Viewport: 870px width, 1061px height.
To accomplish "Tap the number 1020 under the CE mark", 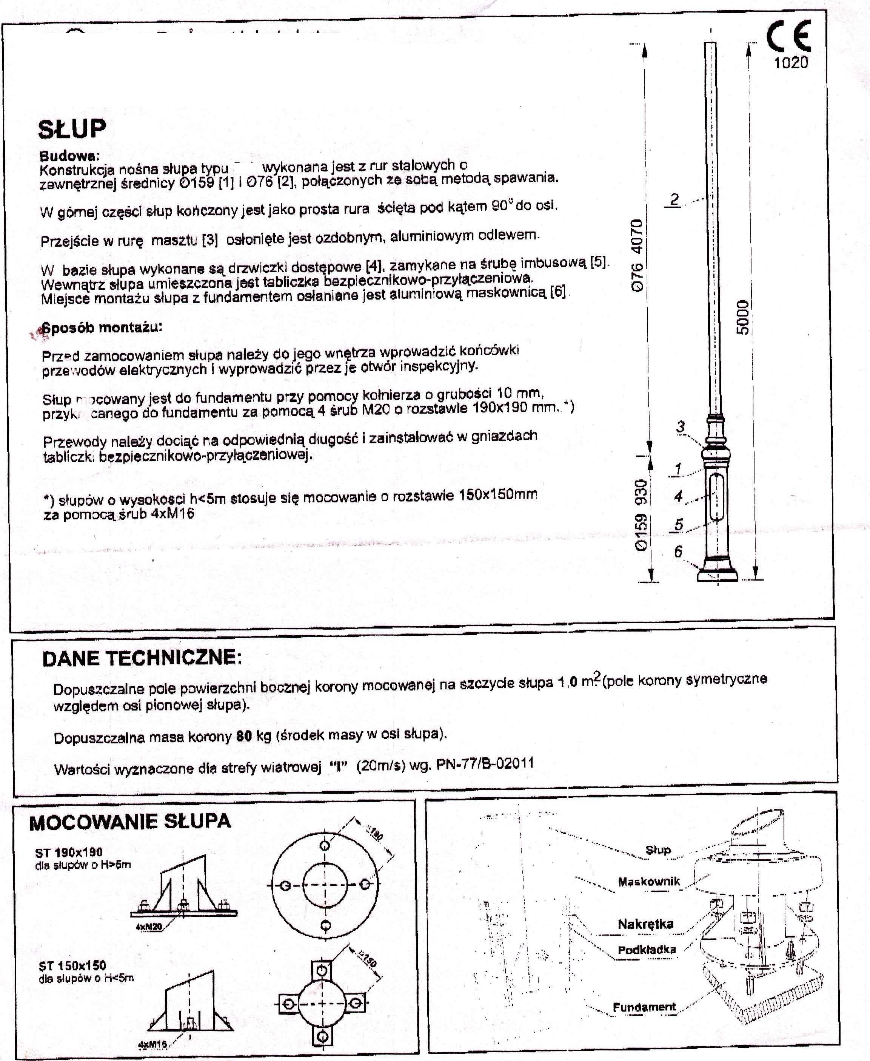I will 791,63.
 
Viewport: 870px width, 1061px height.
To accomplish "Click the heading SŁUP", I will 72,129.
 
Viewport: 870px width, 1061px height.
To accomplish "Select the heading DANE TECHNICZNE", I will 142,658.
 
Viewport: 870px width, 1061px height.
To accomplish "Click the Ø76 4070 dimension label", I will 636,255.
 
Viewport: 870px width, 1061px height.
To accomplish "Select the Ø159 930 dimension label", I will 641,515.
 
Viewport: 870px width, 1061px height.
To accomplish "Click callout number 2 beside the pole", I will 674,199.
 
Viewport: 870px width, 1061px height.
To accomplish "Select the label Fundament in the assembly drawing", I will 644,1007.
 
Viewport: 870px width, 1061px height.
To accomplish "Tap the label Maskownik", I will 648,882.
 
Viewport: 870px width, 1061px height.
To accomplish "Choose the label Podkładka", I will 647,950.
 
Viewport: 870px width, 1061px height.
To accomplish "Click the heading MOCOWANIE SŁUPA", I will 130,822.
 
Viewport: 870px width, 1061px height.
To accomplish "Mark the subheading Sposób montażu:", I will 102,328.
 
